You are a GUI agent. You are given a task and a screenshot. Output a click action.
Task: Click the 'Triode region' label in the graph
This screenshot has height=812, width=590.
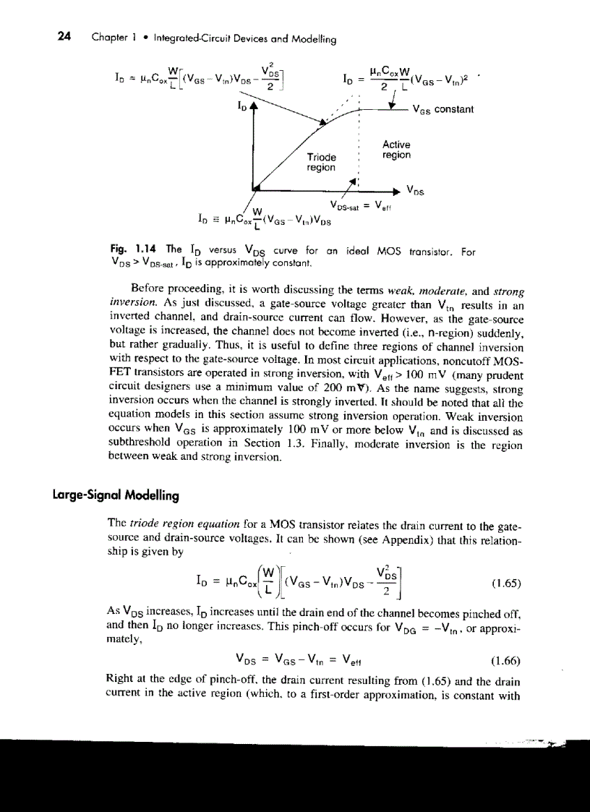[322, 162]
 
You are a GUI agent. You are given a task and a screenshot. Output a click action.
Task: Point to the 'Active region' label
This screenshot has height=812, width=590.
[396, 150]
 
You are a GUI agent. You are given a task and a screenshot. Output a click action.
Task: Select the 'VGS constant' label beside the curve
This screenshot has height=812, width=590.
[442, 109]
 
